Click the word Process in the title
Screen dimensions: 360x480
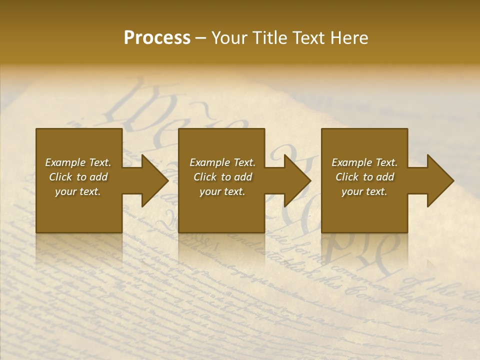tap(157, 38)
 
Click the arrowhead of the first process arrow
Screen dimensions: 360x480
tap(155, 180)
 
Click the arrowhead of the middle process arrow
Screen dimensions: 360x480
tap(297, 180)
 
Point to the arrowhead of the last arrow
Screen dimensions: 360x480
tap(440, 180)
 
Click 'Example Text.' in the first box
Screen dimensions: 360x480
tap(78, 162)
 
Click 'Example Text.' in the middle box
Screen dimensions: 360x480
tap(222, 162)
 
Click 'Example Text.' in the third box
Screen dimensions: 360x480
tap(364, 162)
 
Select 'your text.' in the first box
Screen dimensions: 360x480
tap(78, 191)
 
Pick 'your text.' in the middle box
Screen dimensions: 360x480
tap(222, 191)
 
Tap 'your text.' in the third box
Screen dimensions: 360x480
tap(364, 191)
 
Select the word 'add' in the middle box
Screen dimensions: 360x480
tap(243, 177)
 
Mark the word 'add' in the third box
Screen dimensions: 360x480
tap(385, 177)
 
